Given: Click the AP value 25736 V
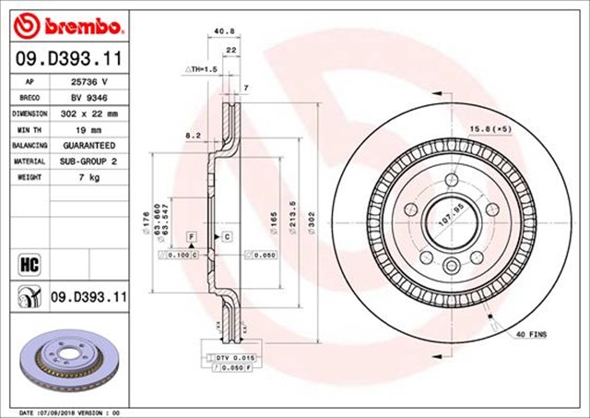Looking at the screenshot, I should click(89, 81).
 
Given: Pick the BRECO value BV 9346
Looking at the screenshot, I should click(88, 97).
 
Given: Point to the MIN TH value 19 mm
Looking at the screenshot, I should click(88, 129).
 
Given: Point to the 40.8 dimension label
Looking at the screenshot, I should click(223, 31).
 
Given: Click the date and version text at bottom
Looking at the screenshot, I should click(70, 412).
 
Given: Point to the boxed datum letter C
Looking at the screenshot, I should click(227, 237).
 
